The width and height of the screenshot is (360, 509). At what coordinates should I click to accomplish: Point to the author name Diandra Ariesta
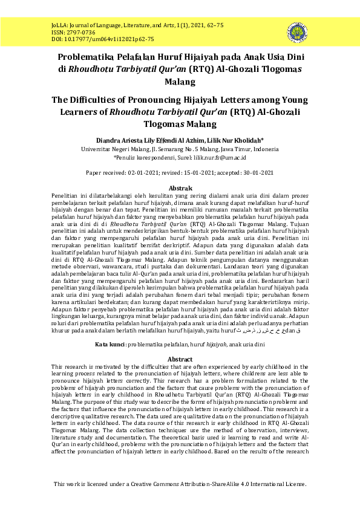click(x=118, y=141)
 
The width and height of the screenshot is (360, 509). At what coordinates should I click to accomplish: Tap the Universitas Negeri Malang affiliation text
click(x=113, y=149)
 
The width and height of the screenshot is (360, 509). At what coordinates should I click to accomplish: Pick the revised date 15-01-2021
click(x=199, y=172)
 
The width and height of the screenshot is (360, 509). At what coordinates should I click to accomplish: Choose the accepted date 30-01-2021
click(x=254, y=172)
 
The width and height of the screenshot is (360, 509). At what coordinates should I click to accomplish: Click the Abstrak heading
click(x=180, y=188)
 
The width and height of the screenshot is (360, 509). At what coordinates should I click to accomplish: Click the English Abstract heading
click(x=180, y=359)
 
